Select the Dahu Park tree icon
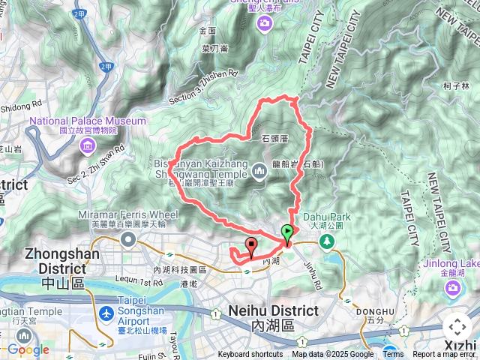click(x=326, y=241)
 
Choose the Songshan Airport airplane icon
click(x=106, y=312)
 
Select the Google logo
click(x=28, y=349)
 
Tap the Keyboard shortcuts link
click(x=250, y=355)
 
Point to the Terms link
click(x=393, y=355)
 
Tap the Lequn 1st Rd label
click(x=137, y=282)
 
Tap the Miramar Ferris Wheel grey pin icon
click(x=127, y=239)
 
